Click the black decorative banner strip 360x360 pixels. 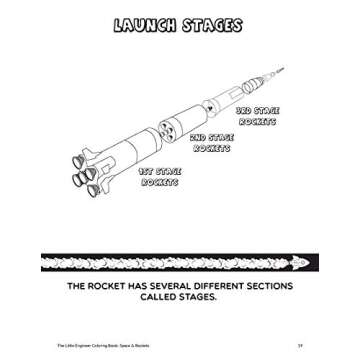coord(179,262)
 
